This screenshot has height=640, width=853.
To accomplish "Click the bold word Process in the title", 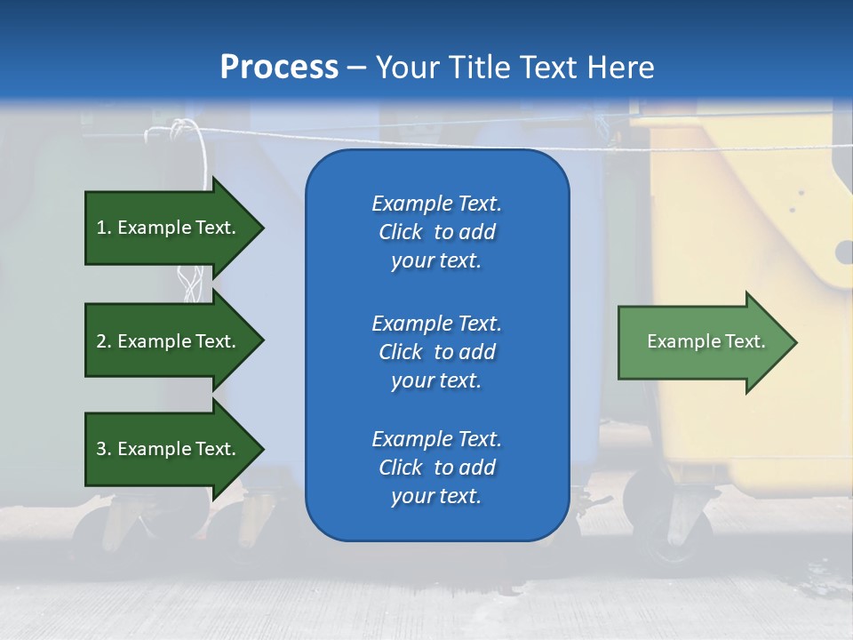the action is pos(279,68).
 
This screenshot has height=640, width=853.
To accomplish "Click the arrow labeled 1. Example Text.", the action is pos(174,228).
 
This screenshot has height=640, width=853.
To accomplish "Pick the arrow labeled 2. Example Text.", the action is pos(174,340).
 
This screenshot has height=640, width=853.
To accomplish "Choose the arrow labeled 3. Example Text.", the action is pos(174,448).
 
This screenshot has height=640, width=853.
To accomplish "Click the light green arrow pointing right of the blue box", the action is pos(707,341).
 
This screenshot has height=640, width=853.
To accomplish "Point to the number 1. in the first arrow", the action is pos(104,228).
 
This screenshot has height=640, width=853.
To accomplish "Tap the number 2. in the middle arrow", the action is pos(104,341).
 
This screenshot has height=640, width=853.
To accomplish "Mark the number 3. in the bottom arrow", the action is pos(104,448).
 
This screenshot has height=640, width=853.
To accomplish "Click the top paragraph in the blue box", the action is pos(437,232).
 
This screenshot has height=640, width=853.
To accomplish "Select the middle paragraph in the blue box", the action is pos(437,352).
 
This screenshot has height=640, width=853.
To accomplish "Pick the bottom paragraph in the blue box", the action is pos(437,468).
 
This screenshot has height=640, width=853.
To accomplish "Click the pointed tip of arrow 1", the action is pos(265,228).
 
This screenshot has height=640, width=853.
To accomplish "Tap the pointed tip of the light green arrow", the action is pos(798,342).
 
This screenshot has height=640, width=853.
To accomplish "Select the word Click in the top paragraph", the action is pos(401,232).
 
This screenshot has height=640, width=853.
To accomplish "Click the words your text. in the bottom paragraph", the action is pos(436,496).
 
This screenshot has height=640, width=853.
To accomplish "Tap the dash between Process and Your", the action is pos(357,68).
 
